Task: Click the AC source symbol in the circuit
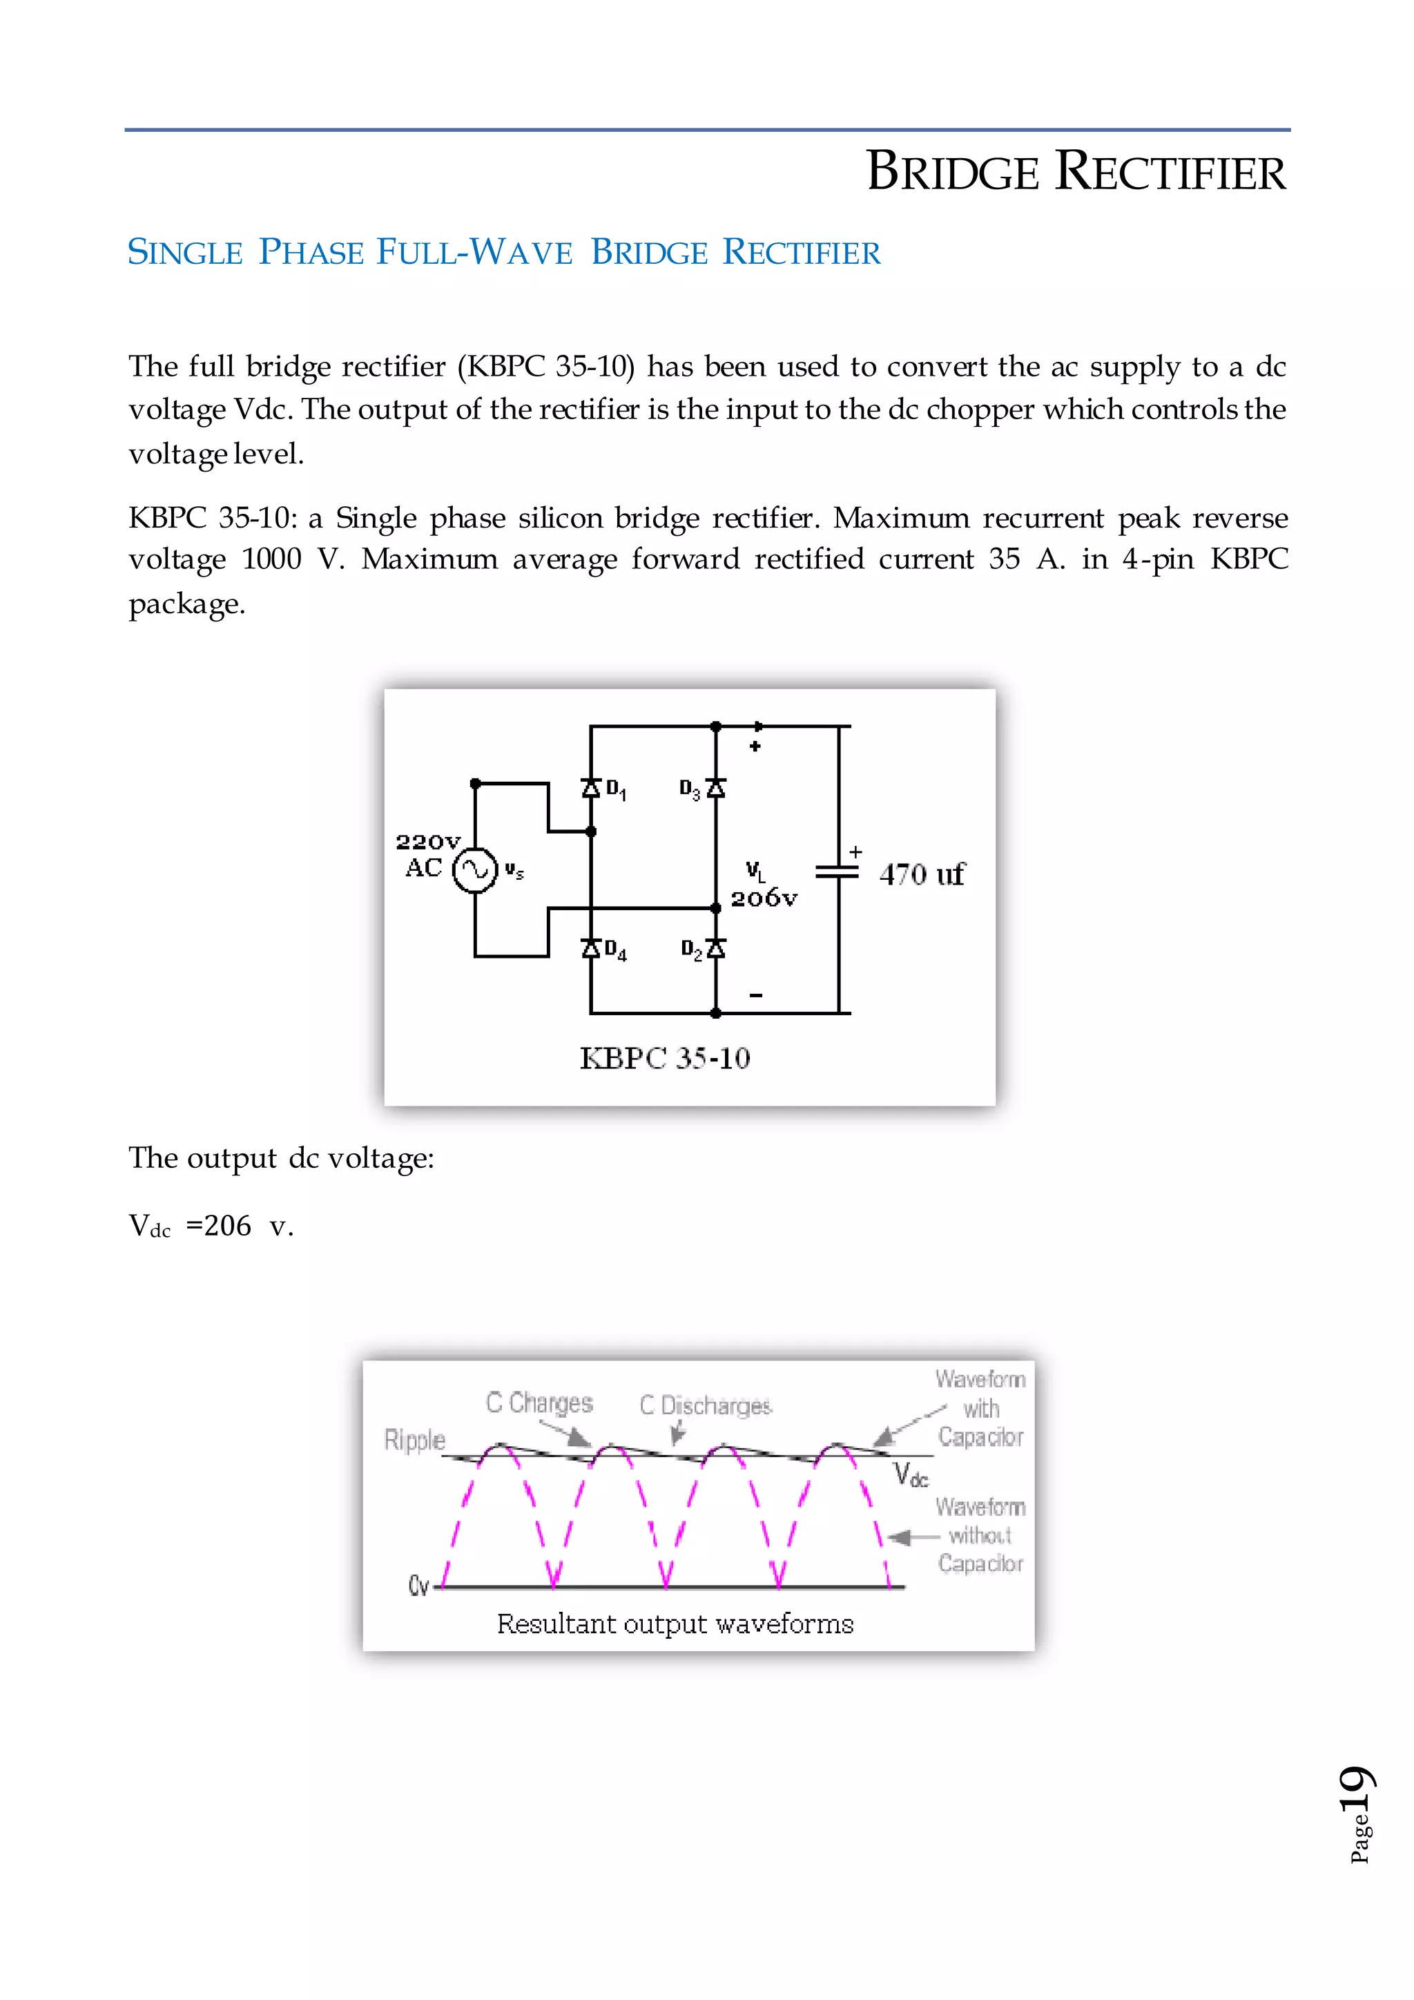click(x=474, y=869)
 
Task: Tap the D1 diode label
click(x=616, y=790)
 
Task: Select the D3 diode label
click(x=690, y=790)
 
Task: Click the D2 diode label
click(x=691, y=950)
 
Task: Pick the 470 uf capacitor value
click(x=921, y=874)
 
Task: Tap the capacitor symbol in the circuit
click(x=837, y=871)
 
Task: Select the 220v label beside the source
click(x=427, y=841)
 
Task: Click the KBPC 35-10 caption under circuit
click(x=664, y=1059)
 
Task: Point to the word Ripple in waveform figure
click(x=414, y=1440)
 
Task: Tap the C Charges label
click(x=539, y=1403)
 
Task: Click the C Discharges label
click(x=705, y=1405)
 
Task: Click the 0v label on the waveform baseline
click(x=418, y=1586)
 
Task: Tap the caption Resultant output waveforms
click(x=675, y=1624)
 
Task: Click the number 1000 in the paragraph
click(x=271, y=559)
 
